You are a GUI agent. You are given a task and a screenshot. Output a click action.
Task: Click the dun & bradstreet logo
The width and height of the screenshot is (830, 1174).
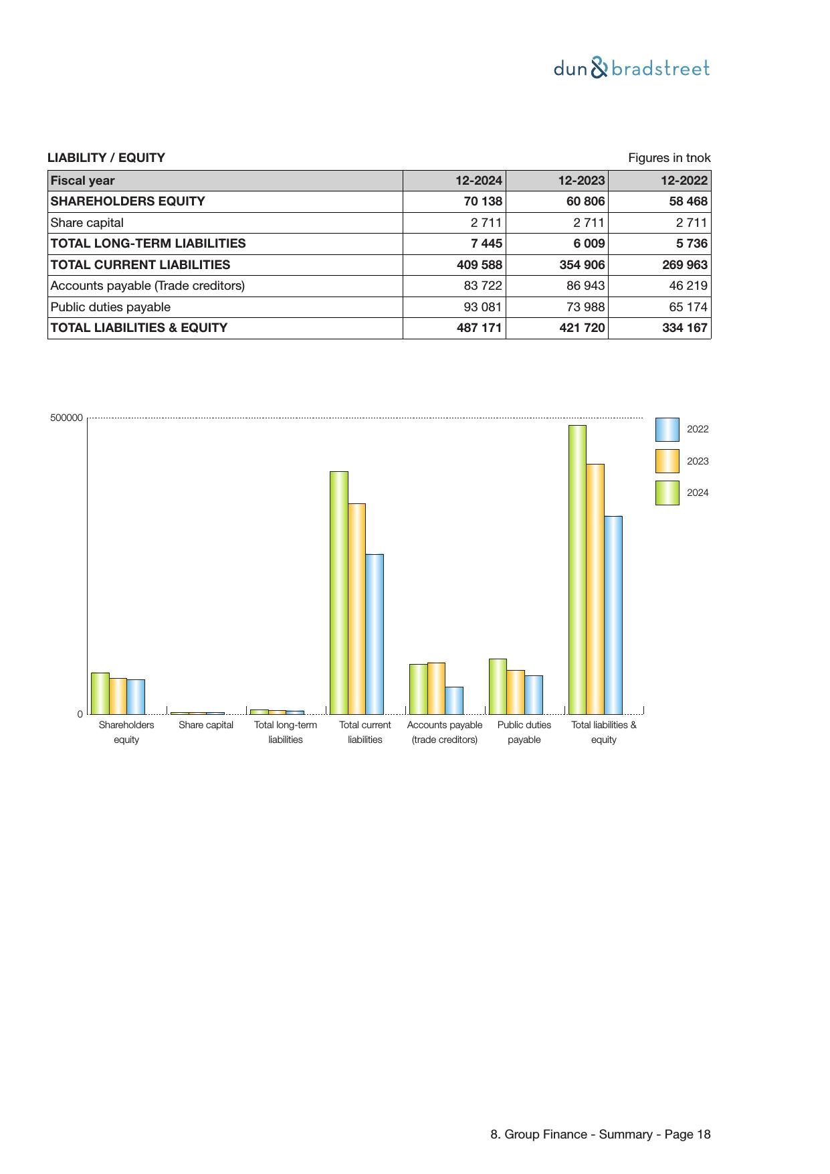point(631,68)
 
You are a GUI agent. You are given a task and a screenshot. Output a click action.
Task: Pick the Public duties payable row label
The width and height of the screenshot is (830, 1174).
point(110,307)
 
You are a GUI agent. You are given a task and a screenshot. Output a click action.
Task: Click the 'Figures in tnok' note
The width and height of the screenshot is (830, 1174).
point(669,158)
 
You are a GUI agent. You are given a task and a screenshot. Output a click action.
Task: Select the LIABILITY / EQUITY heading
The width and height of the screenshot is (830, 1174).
point(106,158)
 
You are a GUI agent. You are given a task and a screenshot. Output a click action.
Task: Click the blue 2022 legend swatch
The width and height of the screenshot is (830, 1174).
point(667,430)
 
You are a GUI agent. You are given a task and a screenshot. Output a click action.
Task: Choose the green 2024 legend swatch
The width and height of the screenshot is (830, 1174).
point(667,493)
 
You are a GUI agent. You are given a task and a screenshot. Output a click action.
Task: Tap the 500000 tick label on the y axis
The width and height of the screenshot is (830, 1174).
point(66,418)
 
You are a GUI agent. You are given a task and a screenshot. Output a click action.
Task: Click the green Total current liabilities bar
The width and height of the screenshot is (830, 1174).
point(338,592)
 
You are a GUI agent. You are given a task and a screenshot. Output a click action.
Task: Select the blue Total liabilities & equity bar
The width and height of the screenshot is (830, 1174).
point(613,614)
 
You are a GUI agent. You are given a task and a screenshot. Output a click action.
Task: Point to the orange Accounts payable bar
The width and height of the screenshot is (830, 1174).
point(436,688)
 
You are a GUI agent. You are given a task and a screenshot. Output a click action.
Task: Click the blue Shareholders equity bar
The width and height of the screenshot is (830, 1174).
point(136,697)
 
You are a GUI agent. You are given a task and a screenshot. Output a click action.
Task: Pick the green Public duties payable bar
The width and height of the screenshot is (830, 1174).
point(498,686)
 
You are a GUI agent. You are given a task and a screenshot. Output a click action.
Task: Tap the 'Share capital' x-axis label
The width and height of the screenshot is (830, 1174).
point(206,725)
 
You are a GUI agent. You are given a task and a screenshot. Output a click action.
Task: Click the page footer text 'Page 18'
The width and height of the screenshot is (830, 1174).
point(687,1135)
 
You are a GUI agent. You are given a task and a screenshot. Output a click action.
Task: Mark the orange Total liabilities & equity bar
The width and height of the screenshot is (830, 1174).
point(595,589)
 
